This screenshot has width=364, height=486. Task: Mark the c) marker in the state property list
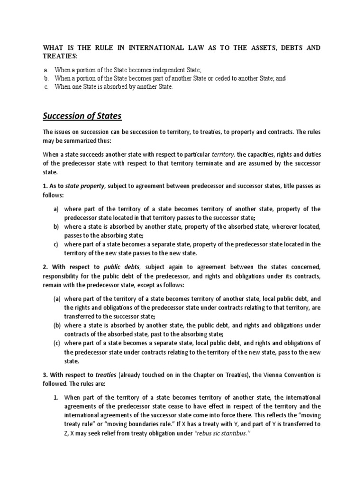pyautogui.click(x=55, y=244)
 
